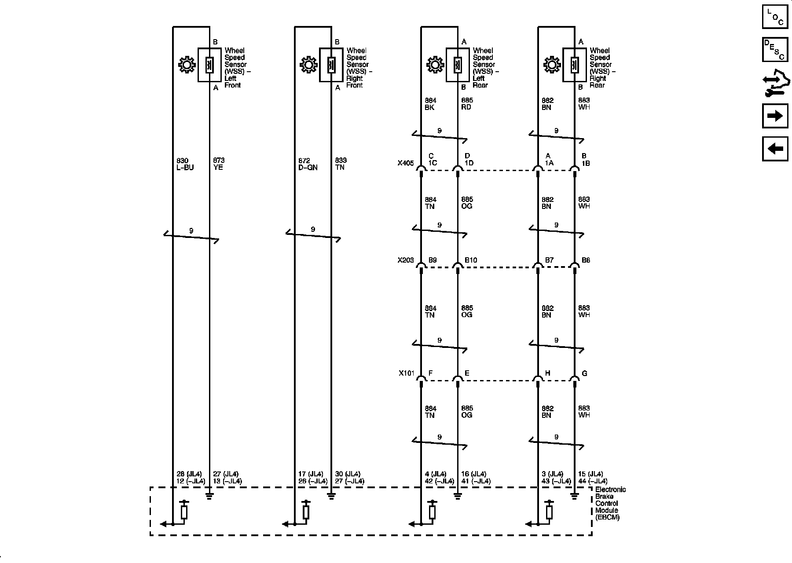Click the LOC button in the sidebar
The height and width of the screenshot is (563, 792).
click(x=775, y=17)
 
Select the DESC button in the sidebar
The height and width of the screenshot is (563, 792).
click(x=775, y=49)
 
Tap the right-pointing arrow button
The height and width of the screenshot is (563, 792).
click(x=775, y=116)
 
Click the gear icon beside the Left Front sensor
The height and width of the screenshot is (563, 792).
click(x=187, y=65)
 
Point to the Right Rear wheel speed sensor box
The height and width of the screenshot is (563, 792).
click(x=574, y=65)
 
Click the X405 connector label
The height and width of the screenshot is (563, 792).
click(x=406, y=163)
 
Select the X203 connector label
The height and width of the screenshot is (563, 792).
click(x=406, y=260)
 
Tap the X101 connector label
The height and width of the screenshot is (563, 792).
click(x=407, y=373)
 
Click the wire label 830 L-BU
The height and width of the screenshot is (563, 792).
click(x=185, y=164)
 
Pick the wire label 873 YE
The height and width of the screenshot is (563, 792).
click(x=219, y=164)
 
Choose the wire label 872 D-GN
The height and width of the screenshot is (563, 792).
click(x=308, y=164)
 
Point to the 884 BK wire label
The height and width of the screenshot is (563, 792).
click(x=430, y=104)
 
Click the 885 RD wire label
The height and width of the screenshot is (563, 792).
click(x=467, y=104)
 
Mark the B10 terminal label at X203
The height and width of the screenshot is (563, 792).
click(x=471, y=260)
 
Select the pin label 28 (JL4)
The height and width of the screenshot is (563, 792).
click(x=189, y=474)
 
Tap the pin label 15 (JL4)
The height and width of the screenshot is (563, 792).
click(x=590, y=474)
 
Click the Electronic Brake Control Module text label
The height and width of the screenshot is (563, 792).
click(x=610, y=503)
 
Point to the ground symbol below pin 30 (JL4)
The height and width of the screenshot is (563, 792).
click(x=331, y=497)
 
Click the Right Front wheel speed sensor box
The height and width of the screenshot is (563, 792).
click(x=331, y=65)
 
